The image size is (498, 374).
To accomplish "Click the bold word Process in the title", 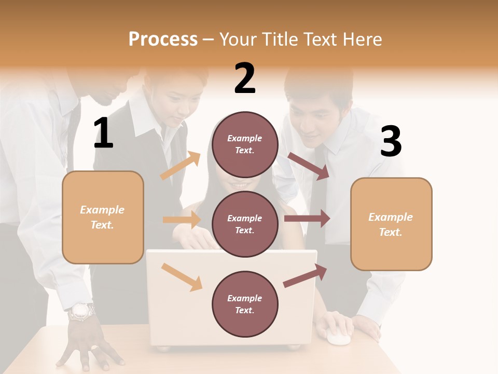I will click(163, 39).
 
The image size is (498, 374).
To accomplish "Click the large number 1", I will click(103, 133).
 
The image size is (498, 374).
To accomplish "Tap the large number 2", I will click(245, 78).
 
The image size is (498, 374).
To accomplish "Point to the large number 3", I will click(391, 142).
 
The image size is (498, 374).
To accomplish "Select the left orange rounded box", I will click(103, 217).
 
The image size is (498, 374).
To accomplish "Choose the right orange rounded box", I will click(391, 224).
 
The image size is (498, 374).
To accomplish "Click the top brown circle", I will click(245, 144).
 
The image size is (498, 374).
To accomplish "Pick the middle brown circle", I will click(245, 224).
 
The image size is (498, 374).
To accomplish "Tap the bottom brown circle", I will click(245, 304).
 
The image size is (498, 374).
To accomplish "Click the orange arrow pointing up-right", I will click(181, 166).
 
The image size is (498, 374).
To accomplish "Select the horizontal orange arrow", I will click(182, 220).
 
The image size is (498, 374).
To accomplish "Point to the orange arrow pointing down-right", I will click(182, 277).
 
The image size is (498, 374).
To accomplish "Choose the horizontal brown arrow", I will click(307, 219).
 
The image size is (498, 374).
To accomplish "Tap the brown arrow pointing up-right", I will click(305, 275).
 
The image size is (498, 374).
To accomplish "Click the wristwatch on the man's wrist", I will click(82, 311).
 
